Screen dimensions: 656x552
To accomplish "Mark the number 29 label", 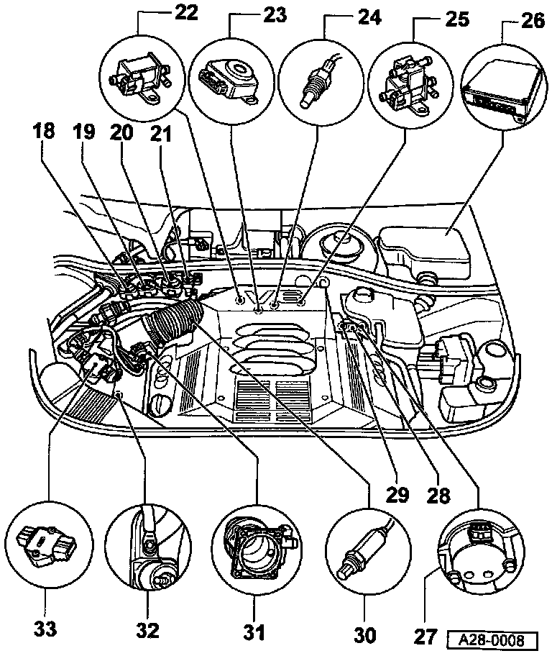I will coord(397,495).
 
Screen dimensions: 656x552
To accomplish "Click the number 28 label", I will coord(439,495).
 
